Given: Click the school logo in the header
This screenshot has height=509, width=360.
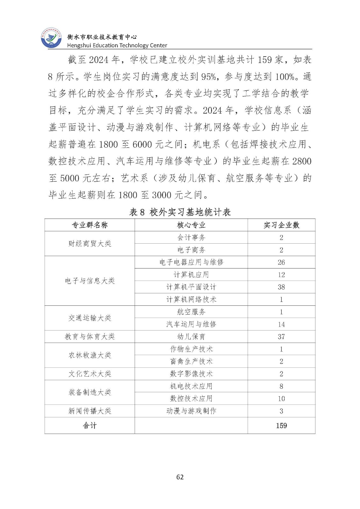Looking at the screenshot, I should point(51,38).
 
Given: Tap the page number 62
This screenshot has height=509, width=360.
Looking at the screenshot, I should point(180,477).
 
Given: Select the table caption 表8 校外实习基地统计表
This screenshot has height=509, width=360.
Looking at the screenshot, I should point(180,212).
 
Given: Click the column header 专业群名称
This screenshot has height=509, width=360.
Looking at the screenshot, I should point(90,225).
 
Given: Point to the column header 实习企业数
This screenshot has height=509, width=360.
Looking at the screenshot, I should point(281,225).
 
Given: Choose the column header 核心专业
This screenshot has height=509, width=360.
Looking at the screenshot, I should point(191,225).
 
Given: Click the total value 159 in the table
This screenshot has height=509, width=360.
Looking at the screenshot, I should point(281,426).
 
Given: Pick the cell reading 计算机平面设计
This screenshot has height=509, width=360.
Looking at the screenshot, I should point(191,287).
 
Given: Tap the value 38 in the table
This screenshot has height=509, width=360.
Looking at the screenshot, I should point(281,287).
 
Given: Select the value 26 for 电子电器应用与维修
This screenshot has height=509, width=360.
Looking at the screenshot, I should point(281,262).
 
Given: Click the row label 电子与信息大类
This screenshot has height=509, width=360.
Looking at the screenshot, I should point(90,281).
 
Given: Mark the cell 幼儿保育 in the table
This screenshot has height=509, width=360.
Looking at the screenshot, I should point(191,337).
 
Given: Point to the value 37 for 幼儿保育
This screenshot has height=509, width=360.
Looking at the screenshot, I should point(281,337).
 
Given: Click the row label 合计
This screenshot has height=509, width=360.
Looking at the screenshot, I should point(90,426).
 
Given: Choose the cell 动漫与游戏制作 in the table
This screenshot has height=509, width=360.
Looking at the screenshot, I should point(191,411).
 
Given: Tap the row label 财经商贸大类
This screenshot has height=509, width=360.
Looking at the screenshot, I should point(90,244).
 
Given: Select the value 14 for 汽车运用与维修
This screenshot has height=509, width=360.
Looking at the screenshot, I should point(281,324).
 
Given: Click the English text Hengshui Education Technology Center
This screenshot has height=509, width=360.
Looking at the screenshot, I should point(117,45).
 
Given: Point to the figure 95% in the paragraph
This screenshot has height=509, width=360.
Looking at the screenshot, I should point(209,77).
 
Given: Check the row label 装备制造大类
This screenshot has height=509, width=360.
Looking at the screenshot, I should point(90,392).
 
